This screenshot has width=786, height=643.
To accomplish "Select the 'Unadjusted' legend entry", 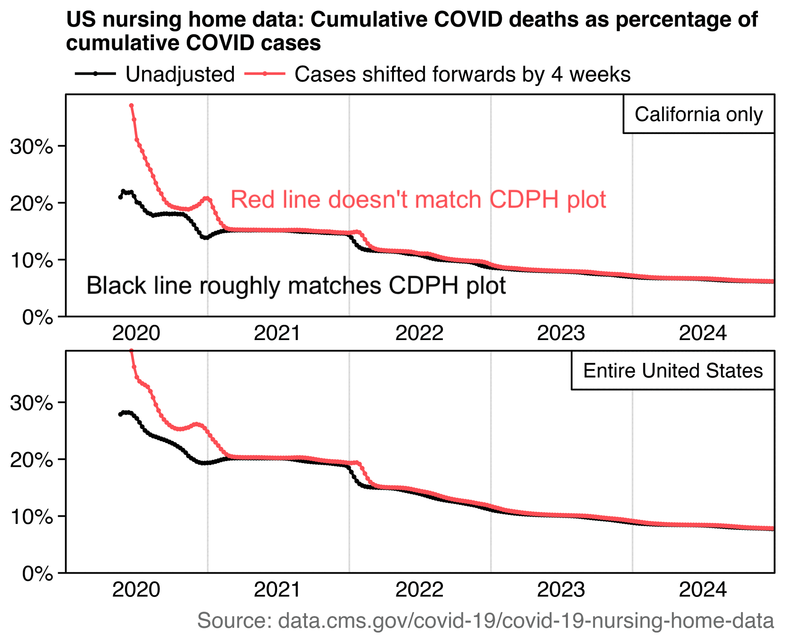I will pos(180,75).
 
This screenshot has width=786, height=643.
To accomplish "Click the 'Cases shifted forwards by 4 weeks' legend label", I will pos(462,75).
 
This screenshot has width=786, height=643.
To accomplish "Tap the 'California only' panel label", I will pos(699,114).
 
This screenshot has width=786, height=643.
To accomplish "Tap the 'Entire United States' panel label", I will pos(673,371).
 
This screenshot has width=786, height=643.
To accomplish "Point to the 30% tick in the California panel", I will pos(31,146).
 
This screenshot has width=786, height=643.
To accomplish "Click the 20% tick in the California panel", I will pos(31,203).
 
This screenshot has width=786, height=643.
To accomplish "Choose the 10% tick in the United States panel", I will pos(31,517).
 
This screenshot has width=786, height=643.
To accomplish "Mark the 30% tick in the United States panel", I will pos(31,403).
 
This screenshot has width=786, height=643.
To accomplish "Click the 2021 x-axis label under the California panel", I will pos(278,333).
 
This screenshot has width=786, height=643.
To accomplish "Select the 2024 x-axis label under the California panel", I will pos(703,333).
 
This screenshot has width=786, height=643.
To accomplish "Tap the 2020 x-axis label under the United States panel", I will pos(136,590).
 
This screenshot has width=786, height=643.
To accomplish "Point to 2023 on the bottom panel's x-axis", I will pos(561,590).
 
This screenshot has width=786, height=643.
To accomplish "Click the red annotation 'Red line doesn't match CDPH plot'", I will pos(418,199).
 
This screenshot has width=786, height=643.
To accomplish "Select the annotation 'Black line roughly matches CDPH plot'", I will pos(296,286).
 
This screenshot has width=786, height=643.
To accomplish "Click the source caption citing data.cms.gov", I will pos(485,621).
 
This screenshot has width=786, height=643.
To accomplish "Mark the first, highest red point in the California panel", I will pos(131,105).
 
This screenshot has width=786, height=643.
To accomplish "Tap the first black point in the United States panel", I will pos(120,415).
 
